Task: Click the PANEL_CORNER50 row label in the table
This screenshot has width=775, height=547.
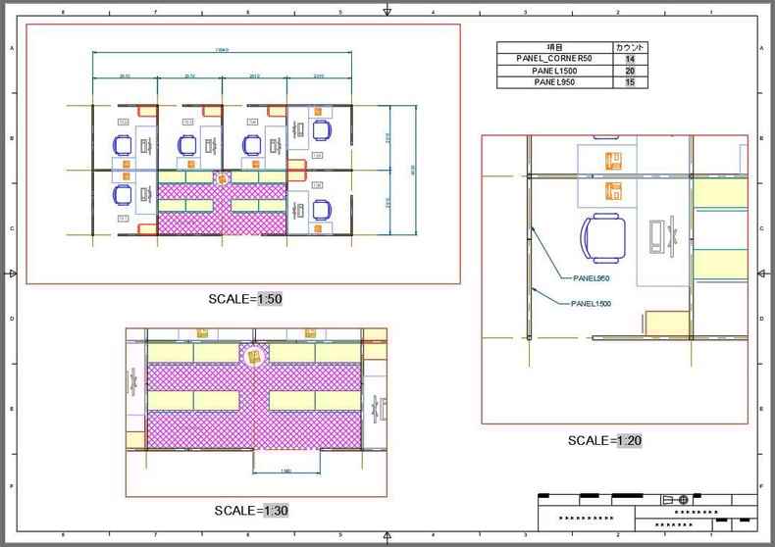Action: (554, 59)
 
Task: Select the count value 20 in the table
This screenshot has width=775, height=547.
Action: (629, 71)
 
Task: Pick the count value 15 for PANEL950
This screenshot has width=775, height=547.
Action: (629, 82)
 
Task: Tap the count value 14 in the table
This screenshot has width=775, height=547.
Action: (629, 59)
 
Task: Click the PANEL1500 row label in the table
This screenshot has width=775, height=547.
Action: (554, 71)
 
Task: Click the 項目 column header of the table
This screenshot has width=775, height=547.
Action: (554, 47)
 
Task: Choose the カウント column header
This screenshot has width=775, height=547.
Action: (629, 47)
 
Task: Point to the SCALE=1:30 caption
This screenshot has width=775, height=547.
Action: (251, 511)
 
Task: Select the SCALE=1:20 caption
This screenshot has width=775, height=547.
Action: (604, 441)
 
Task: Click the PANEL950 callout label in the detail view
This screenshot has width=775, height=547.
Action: (592, 278)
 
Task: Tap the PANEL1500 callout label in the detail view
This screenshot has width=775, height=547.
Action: (591, 304)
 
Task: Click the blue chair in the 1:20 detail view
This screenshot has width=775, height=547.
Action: (602, 238)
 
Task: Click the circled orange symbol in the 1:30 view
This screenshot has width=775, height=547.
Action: (253, 357)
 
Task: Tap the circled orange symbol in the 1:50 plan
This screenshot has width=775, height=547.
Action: (223, 178)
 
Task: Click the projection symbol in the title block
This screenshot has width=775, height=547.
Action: (676, 499)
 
